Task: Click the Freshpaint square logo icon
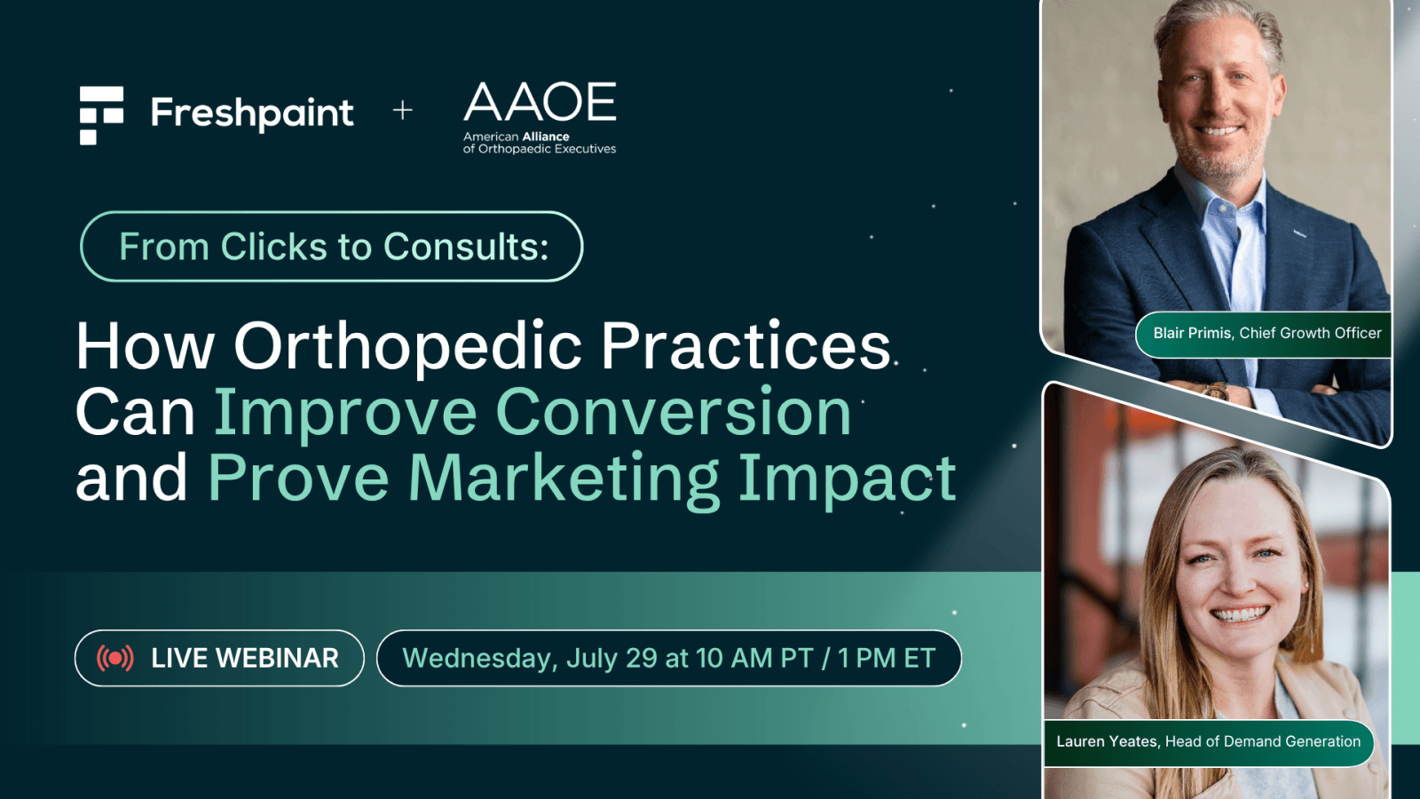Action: click(x=101, y=115)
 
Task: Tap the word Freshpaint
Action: click(x=252, y=115)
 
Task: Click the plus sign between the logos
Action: click(x=403, y=111)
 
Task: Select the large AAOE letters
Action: click(x=540, y=101)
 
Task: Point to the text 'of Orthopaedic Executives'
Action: click(x=540, y=149)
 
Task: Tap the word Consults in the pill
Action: click(x=466, y=246)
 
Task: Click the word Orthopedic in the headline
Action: click(x=407, y=347)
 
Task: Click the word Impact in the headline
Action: click(x=848, y=479)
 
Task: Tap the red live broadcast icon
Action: click(x=115, y=658)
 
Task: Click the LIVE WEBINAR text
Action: click(x=245, y=658)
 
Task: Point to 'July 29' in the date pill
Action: click(x=611, y=658)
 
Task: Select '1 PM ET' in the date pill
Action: click(x=887, y=658)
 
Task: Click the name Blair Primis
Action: click(x=1192, y=333)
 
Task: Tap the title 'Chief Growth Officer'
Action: click(x=1310, y=333)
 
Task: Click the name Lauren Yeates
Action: click(x=1107, y=741)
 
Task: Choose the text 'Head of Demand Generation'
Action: click(x=1263, y=741)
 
